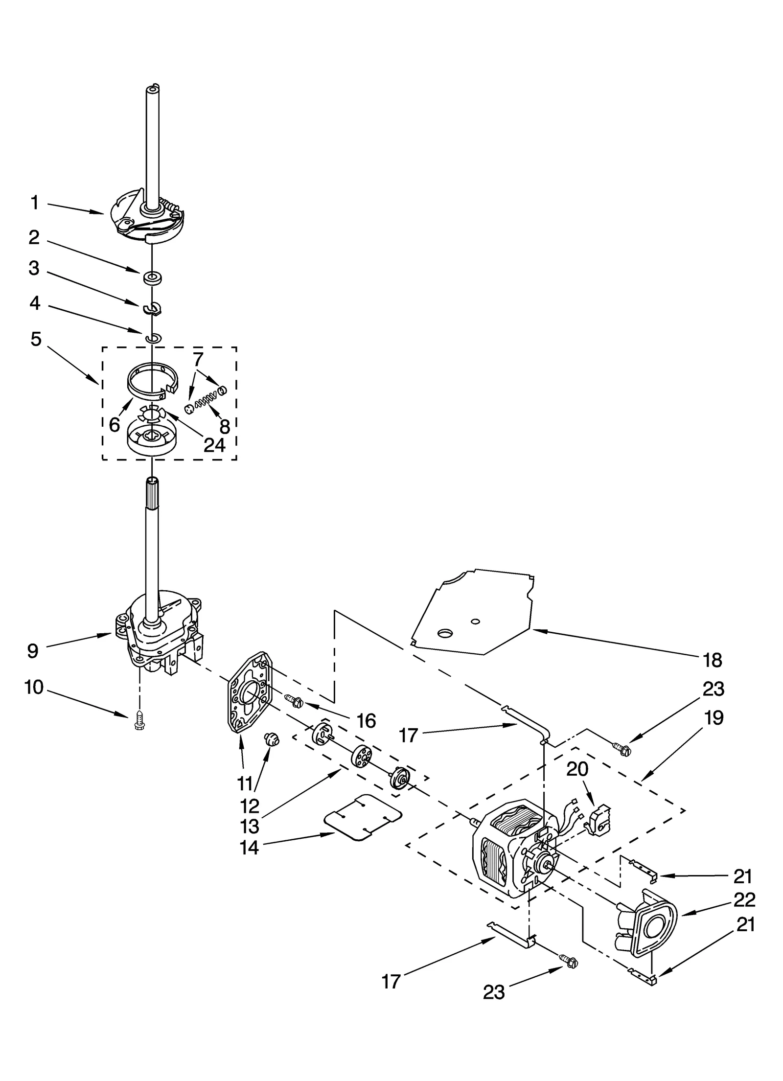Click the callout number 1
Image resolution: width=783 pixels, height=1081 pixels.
tap(34, 202)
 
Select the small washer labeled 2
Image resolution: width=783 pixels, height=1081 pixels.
tap(153, 278)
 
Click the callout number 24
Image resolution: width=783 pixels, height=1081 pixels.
tap(214, 445)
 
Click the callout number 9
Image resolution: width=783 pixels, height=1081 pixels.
tap(33, 651)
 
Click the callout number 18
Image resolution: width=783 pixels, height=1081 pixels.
tap(712, 660)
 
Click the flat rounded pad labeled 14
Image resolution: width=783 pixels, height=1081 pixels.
tap(363, 817)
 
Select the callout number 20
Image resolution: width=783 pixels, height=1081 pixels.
tap(577, 769)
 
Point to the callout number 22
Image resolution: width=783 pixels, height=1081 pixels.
tap(744, 899)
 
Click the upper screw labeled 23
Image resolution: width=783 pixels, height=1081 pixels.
tap(622, 748)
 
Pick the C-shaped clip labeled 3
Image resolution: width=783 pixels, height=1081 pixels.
tap(153, 308)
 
